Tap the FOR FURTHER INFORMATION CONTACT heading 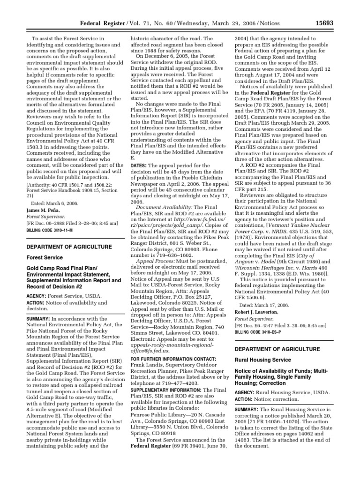173,359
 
